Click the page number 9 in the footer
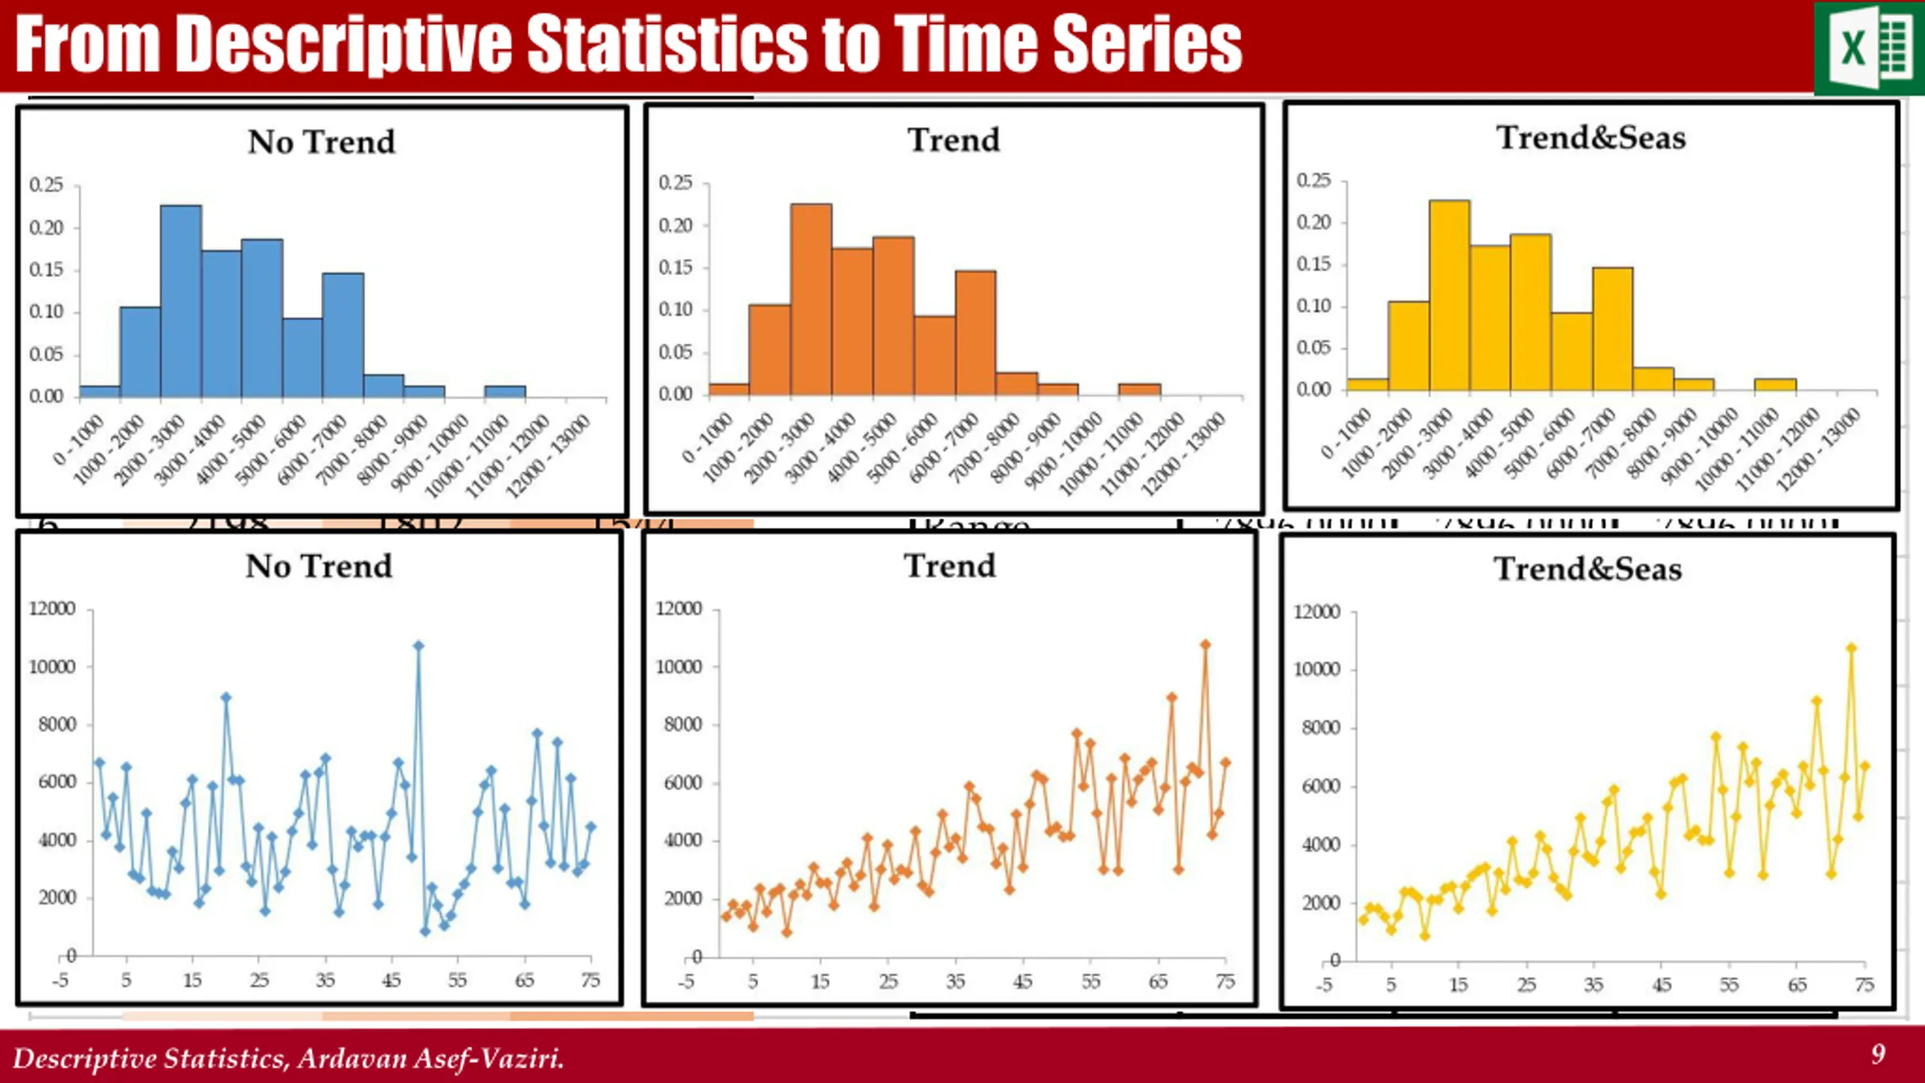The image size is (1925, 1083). (1878, 1054)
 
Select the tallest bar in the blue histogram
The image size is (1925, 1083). (180, 301)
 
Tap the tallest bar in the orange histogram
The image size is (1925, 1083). (811, 299)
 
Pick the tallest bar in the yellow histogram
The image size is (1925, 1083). (1449, 296)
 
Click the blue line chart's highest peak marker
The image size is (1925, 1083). (419, 646)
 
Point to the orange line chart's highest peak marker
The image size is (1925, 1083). (1205, 645)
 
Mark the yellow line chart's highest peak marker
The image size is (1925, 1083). (1851, 648)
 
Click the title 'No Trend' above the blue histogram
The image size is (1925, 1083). (321, 142)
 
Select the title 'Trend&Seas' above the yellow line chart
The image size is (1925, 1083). (1587, 569)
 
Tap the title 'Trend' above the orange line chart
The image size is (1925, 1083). (950, 566)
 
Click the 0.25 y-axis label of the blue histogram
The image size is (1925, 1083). (47, 185)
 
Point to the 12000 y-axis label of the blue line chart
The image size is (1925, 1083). (52, 608)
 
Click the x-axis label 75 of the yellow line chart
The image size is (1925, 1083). (1864, 985)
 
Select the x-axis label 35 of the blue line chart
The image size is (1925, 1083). (325, 981)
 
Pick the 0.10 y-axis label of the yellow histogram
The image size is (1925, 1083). (1313, 306)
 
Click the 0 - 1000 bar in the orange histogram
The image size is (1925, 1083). (729, 389)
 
